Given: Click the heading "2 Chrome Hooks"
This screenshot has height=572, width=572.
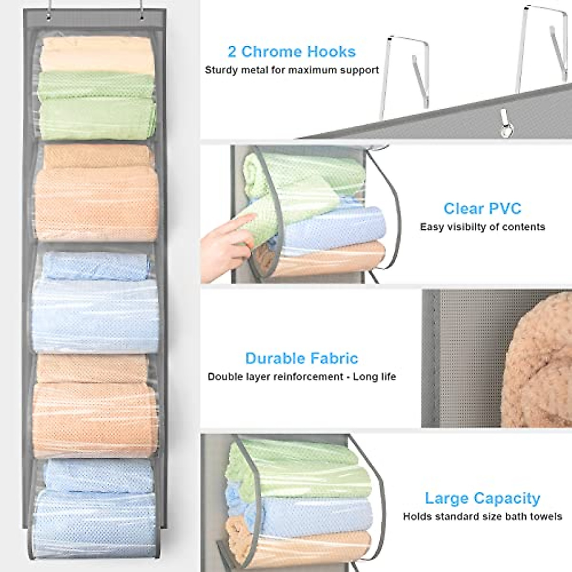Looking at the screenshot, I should [291, 51].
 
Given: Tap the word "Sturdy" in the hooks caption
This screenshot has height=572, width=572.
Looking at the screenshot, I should [220, 71].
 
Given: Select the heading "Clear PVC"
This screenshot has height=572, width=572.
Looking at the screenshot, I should [482, 208].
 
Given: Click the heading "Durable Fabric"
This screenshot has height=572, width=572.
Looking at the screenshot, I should [301, 358].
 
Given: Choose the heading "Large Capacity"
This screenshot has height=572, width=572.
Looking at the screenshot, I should [482, 498].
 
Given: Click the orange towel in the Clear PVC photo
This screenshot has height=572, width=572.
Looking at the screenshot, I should [329, 260].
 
